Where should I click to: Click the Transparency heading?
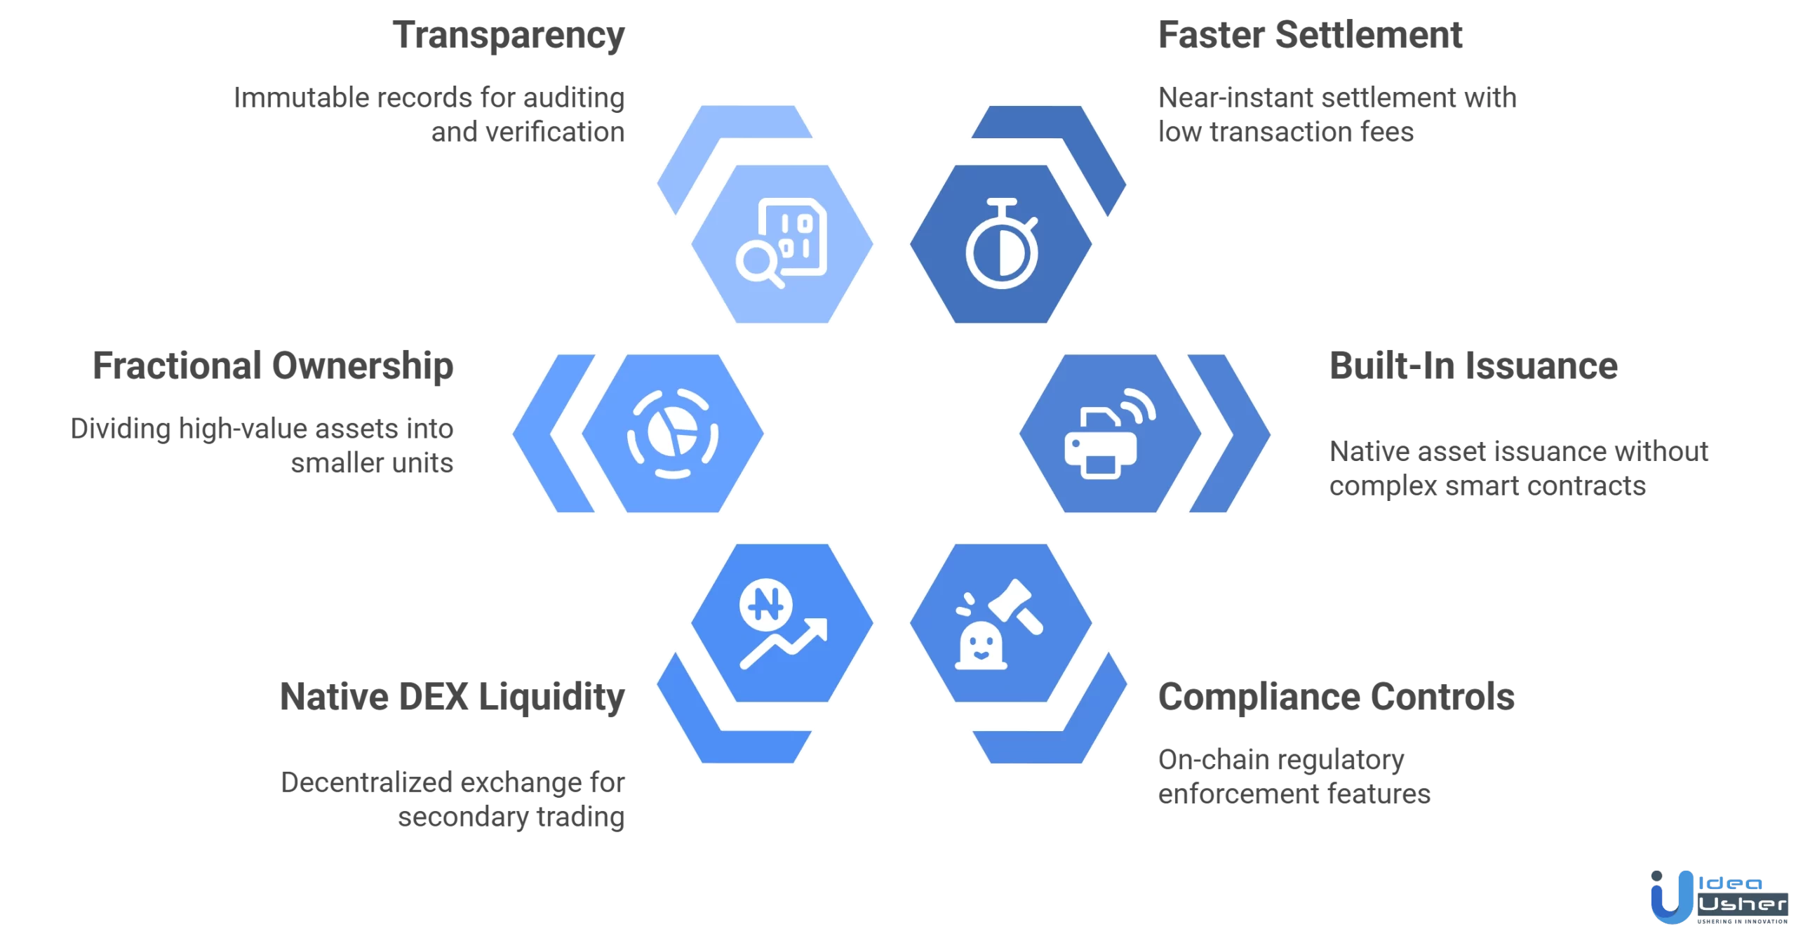tap(509, 36)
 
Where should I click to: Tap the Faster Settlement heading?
tap(1310, 36)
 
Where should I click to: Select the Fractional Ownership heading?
tap(273, 366)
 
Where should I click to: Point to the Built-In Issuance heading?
tap(1473, 366)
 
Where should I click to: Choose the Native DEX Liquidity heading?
tap(453, 697)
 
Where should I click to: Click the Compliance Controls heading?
tap(1336, 697)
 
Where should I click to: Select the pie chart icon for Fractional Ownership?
tap(672, 434)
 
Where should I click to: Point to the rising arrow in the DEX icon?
tap(786, 642)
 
